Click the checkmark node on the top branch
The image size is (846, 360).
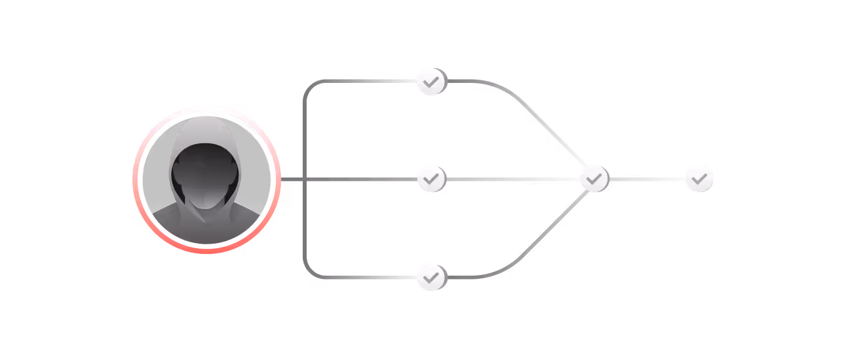(431, 82)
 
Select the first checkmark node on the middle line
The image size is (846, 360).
(431, 179)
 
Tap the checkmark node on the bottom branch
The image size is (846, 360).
(431, 277)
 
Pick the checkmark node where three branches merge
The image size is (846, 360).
(594, 178)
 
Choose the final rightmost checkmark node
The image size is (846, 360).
(699, 178)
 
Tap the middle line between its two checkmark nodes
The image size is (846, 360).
(512, 179)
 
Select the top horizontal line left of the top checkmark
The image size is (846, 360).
(366, 82)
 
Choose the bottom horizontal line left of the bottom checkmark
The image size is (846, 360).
(366, 277)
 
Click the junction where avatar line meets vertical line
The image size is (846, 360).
(303, 179)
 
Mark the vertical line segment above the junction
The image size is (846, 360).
(303, 132)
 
